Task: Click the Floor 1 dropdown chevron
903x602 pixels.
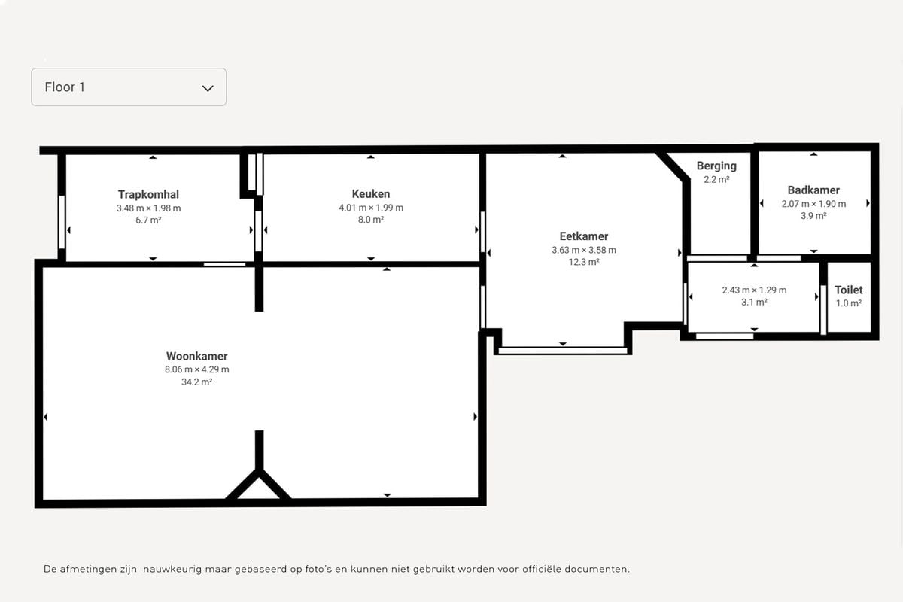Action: (208, 88)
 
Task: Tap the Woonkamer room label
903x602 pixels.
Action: (196, 356)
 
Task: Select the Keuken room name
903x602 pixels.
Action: (371, 194)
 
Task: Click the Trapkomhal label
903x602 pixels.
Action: (148, 194)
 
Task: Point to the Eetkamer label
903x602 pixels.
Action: (584, 236)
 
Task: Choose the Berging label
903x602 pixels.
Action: (716, 166)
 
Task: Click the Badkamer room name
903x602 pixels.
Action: (813, 190)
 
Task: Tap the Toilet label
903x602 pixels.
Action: (849, 290)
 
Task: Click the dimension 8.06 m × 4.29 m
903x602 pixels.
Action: (196, 369)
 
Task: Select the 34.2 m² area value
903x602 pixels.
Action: (196, 382)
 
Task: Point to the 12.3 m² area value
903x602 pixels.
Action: (584, 262)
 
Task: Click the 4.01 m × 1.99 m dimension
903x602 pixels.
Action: (371, 208)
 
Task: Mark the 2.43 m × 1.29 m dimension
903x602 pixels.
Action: (754, 290)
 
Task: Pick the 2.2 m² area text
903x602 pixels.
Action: (716, 179)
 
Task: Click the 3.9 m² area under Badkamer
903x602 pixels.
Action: (813, 216)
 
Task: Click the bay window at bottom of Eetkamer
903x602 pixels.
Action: (563, 351)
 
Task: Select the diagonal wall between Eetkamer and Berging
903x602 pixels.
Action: (673, 166)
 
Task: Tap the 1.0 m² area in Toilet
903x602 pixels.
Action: (849, 303)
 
